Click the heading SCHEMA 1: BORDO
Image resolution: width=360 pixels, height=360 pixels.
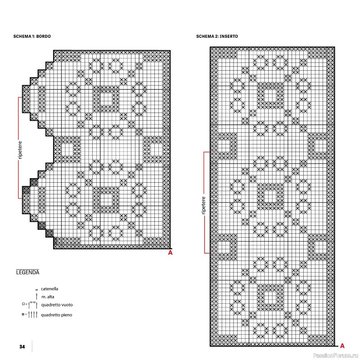tap(32, 36)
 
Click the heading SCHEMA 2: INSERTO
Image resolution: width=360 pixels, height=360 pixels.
tap(217, 36)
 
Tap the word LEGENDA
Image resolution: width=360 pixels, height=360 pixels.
tap(28, 272)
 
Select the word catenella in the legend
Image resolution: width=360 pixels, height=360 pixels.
tap(49, 289)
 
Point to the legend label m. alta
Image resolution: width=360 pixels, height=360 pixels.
tap(48, 297)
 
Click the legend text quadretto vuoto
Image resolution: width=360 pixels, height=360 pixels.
tap(57, 305)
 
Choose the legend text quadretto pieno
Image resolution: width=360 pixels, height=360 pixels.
tap(57, 315)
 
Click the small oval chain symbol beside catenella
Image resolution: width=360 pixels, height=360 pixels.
tap(37, 290)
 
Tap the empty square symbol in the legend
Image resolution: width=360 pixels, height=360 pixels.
tap(23, 304)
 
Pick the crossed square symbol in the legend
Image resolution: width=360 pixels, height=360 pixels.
tap(23, 314)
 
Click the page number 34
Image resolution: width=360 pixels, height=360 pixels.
tap(22, 346)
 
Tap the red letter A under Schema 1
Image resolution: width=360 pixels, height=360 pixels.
tap(170, 252)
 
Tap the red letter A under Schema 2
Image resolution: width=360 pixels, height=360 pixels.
tap(342, 346)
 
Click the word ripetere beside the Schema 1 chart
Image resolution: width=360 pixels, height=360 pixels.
tap(20, 150)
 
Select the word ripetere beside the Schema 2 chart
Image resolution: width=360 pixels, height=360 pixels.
tap(204, 205)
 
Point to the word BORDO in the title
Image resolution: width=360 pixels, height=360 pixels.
tap(43, 36)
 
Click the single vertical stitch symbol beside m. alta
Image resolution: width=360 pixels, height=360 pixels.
tap(37, 297)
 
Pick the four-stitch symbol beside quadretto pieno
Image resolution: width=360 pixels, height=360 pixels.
tap(32, 315)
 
